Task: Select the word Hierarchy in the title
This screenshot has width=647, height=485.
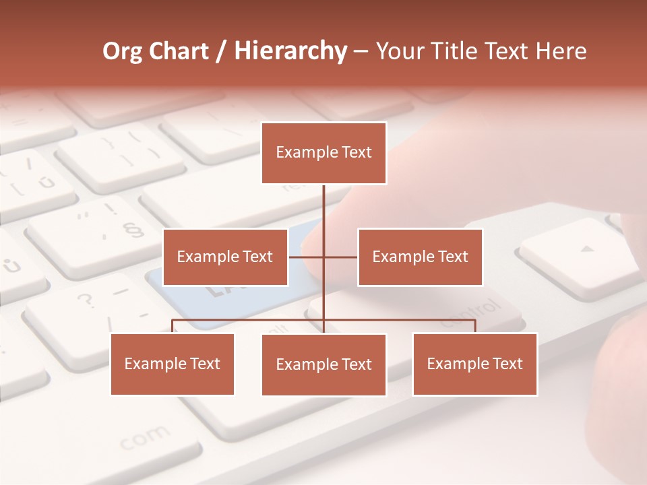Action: pos(290,51)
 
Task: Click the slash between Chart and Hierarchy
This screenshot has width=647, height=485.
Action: pos(221,52)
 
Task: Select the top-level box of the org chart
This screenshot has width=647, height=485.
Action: pos(323,153)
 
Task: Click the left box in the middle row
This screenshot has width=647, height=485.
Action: pos(225,257)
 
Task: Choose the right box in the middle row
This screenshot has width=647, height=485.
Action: pos(420,257)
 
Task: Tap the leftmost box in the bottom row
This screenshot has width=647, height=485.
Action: pos(173,364)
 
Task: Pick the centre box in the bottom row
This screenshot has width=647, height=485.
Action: pos(323,364)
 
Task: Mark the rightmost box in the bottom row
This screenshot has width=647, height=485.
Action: pos(474,364)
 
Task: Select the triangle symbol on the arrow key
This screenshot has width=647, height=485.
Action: pos(588,249)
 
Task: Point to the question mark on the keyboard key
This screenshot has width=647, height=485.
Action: pos(85,299)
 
